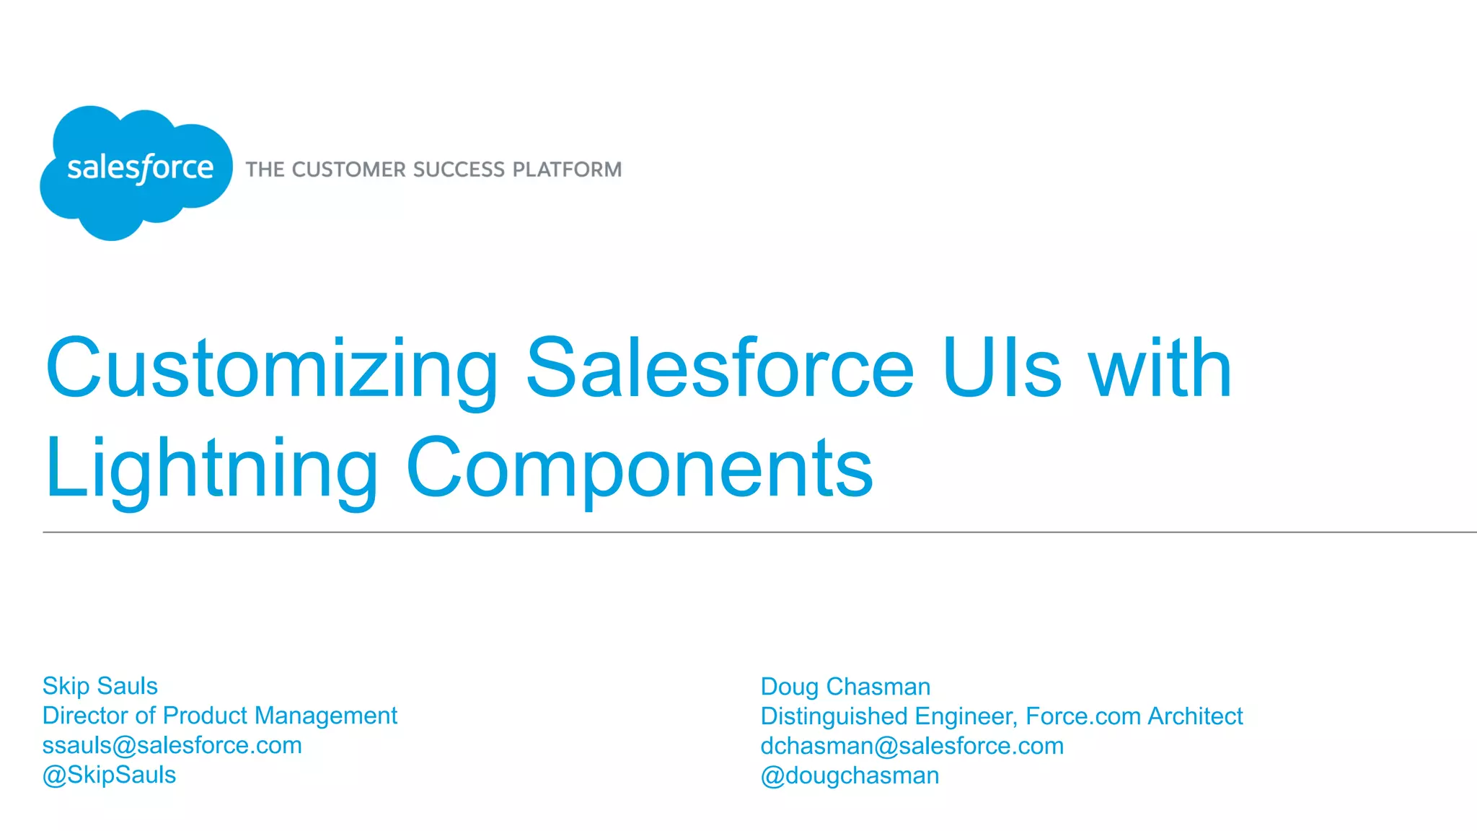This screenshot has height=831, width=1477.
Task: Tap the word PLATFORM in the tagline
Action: point(567,170)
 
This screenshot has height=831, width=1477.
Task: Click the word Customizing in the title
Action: point(272,369)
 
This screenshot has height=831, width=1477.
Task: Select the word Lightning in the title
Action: point(211,469)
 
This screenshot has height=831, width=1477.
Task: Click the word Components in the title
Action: point(639,469)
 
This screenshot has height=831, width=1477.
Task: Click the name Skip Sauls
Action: point(100,686)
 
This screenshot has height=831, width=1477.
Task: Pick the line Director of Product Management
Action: point(219,716)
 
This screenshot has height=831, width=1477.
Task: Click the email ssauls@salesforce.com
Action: point(172,745)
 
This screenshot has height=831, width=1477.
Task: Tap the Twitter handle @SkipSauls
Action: point(109,775)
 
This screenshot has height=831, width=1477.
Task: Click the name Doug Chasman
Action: point(845,687)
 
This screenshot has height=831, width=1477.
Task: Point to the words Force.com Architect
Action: point(1134,716)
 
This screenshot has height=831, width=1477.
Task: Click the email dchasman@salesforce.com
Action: point(912,746)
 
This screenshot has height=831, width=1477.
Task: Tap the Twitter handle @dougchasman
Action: point(850,775)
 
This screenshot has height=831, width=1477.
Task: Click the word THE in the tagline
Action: point(265,170)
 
